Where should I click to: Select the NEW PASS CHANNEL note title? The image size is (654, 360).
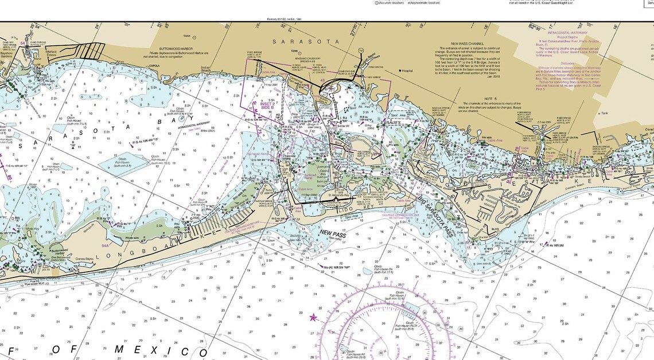click(x=467, y=44)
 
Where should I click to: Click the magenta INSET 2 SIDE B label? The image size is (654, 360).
click(x=267, y=105)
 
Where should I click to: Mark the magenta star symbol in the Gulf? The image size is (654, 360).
click(x=313, y=316)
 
